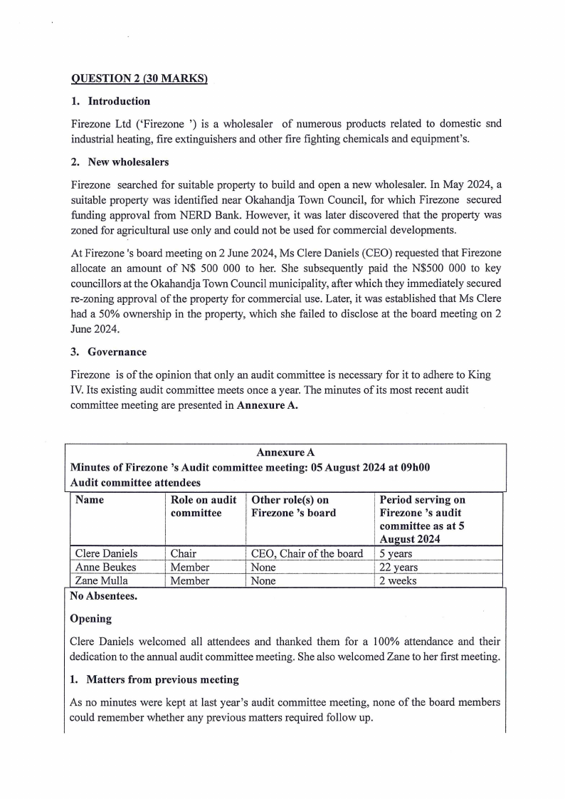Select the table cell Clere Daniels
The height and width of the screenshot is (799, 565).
[107, 553]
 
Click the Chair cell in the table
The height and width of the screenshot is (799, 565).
[183, 553]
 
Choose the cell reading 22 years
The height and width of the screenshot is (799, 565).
[398, 568]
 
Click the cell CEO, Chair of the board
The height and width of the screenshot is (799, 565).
[307, 553]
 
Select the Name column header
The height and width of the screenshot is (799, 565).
[90, 500]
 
